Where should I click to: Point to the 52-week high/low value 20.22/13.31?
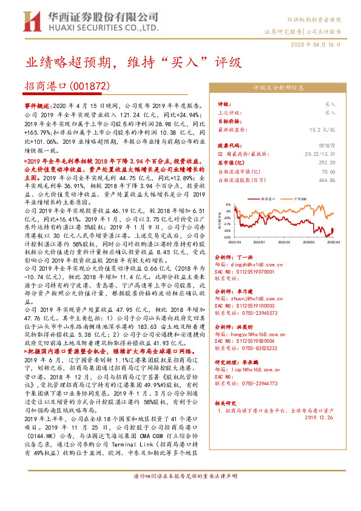[336, 154]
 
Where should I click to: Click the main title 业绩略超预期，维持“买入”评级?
[133, 63]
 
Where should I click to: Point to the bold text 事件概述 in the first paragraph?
[38, 106]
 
